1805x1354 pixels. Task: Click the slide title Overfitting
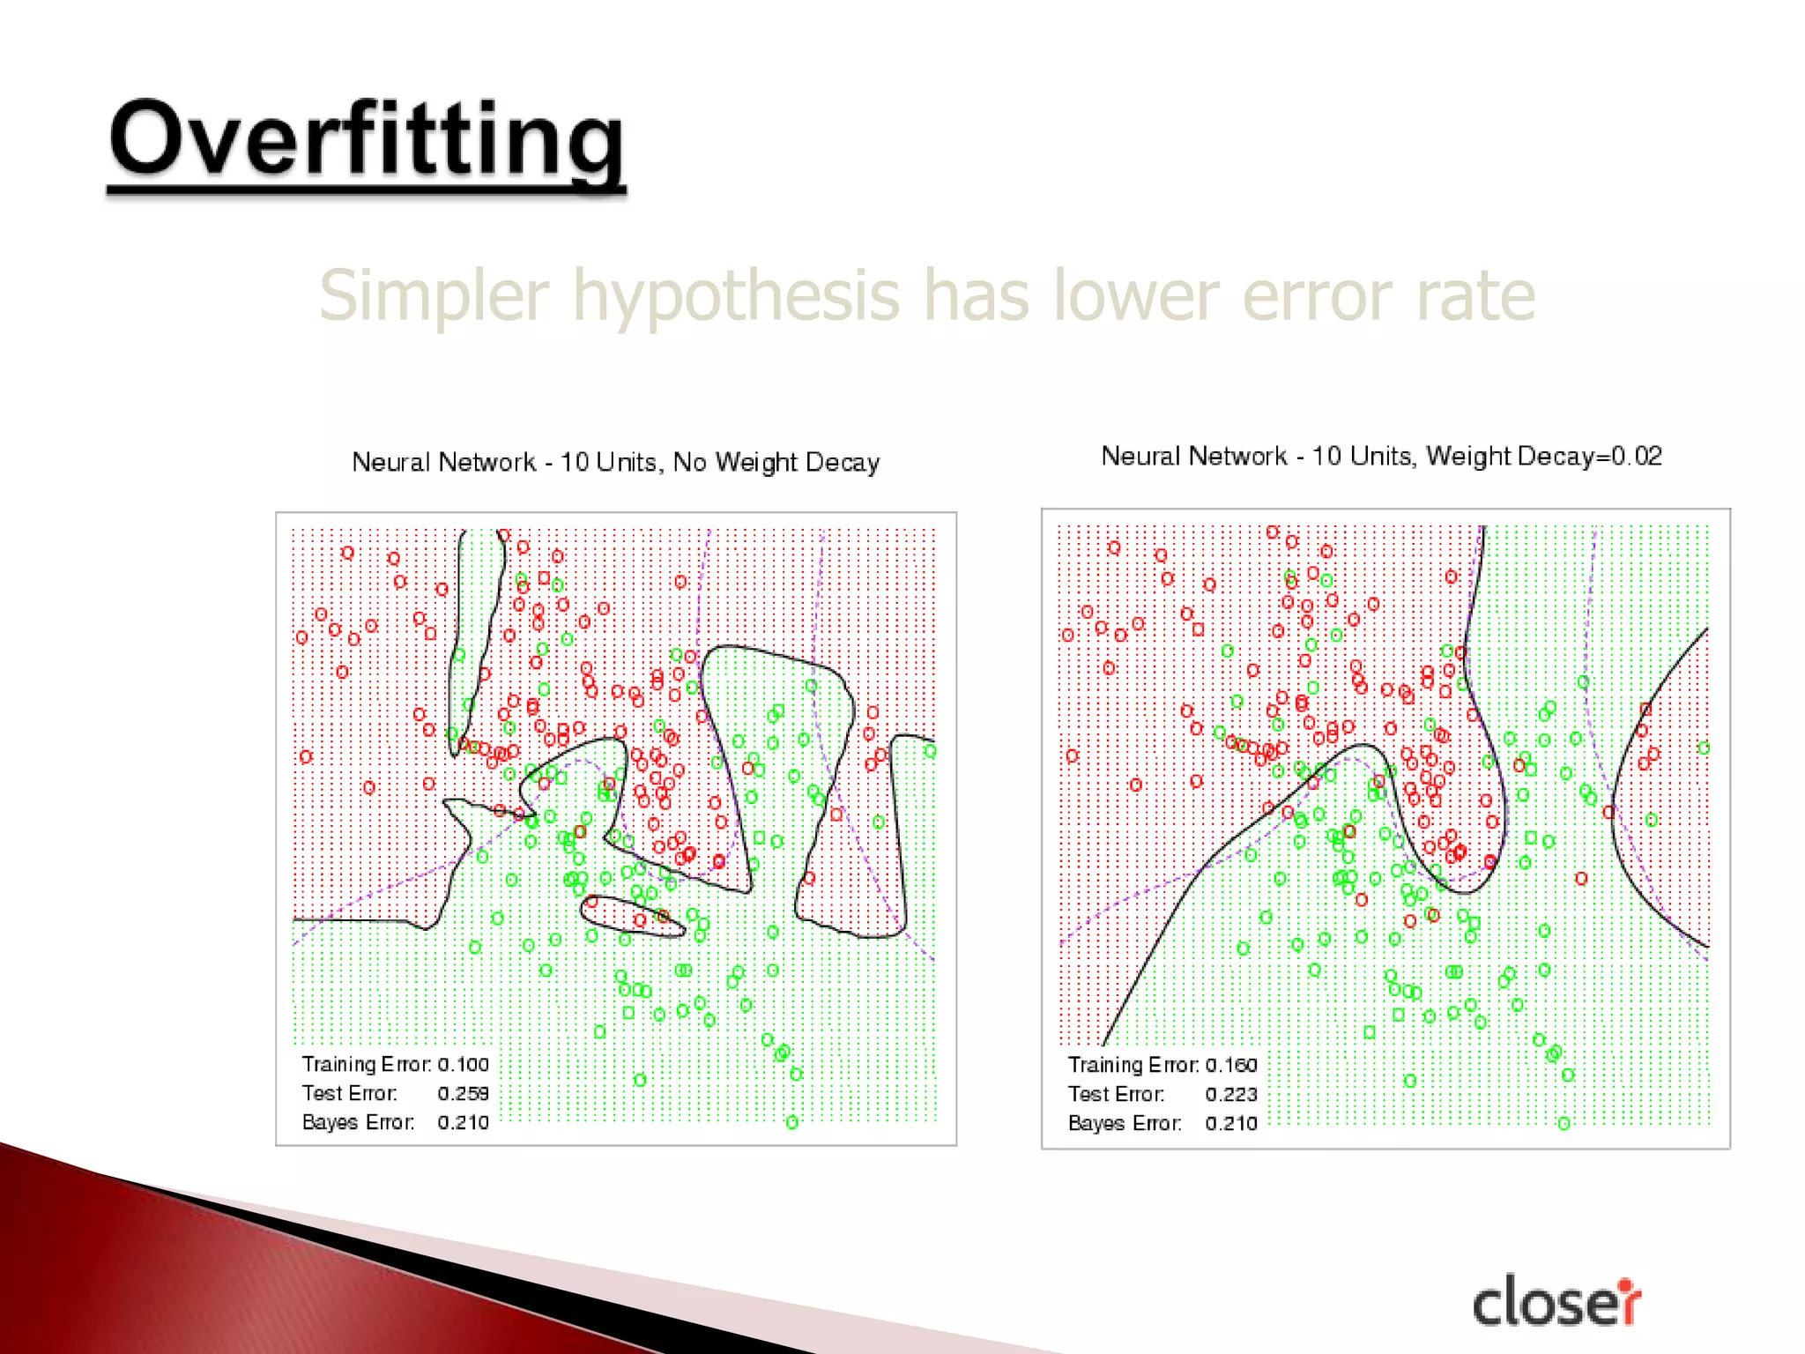(x=366, y=141)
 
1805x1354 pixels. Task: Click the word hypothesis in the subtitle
(x=736, y=297)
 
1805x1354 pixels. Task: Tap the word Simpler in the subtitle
(x=434, y=297)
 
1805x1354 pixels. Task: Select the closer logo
(x=1556, y=1302)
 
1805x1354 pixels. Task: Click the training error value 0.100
(x=463, y=1064)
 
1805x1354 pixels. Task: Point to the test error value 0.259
(x=463, y=1093)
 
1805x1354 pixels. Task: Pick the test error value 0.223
(x=1231, y=1094)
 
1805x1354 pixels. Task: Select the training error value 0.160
(x=1231, y=1065)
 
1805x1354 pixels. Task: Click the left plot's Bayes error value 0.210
(x=463, y=1122)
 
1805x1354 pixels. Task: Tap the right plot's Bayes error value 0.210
(x=1231, y=1123)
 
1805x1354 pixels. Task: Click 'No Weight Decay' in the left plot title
(x=776, y=462)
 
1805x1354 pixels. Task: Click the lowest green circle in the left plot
(x=792, y=1122)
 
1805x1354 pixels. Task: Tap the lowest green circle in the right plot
(x=1564, y=1123)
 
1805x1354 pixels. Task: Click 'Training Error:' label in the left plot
(x=366, y=1064)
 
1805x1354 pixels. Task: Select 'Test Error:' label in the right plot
(x=1116, y=1094)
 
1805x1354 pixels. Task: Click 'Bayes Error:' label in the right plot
(x=1124, y=1123)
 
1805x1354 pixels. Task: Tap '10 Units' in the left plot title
(x=609, y=462)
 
